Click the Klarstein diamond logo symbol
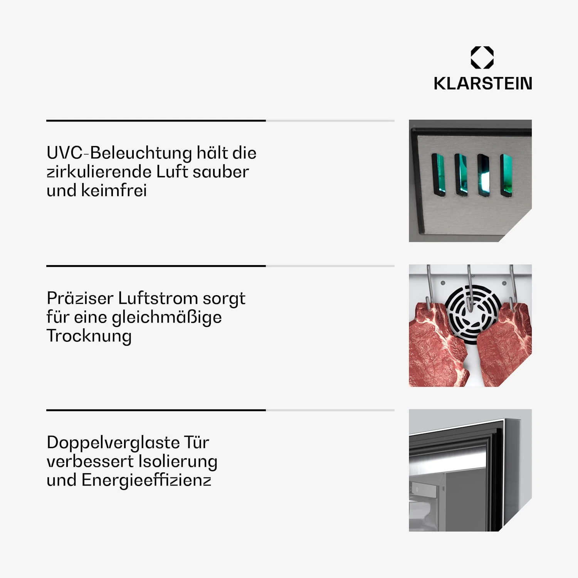click(x=482, y=57)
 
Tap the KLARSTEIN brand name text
click(x=483, y=84)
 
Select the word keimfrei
click(x=114, y=190)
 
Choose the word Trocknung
click(x=89, y=336)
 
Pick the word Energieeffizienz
click(x=146, y=481)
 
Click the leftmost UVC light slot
click(x=438, y=175)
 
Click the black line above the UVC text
click(x=156, y=121)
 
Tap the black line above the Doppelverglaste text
click(x=156, y=410)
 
